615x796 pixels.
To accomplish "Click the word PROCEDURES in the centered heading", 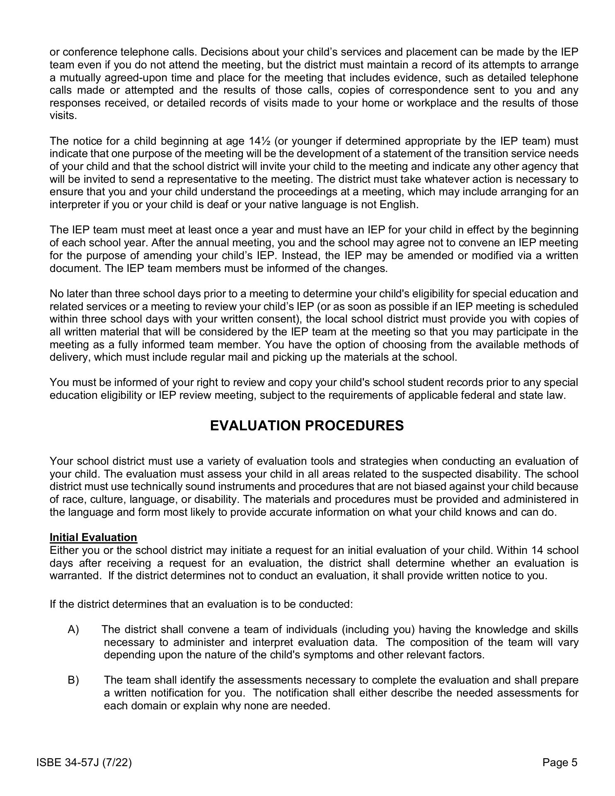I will (x=352, y=426).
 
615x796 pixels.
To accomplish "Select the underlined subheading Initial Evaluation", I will (x=93, y=537).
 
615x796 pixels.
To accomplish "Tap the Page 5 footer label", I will (x=560, y=762).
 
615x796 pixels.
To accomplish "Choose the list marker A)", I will (x=73, y=629).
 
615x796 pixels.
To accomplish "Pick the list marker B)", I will (x=73, y=680).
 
